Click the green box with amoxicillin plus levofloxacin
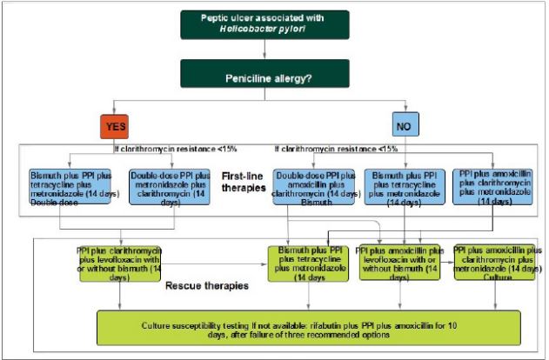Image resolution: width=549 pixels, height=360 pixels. point(399,265)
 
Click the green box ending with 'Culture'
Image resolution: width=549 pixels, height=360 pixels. point(493,263)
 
